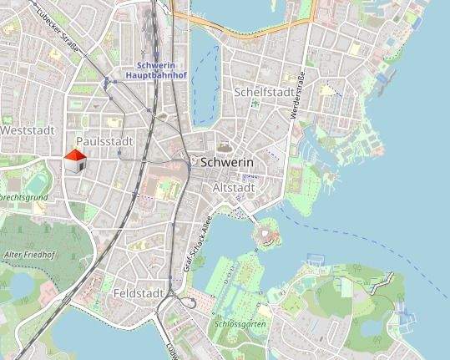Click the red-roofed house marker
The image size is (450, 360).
click(x=75, y=161)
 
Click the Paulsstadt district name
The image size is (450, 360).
click(x=104, y=142)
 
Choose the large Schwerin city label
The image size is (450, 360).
click(x=227, y=161)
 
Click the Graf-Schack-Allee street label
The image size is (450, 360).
click(x=195, y=245)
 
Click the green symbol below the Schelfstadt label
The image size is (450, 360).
click(x=255, y=104)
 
